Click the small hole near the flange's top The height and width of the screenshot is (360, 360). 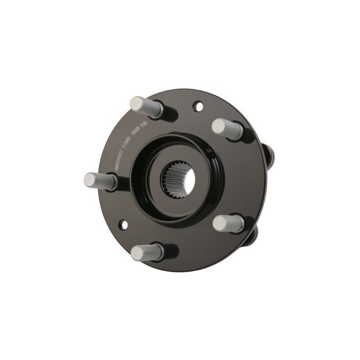(195, 107)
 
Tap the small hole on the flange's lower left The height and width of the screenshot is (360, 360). (123, 225)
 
